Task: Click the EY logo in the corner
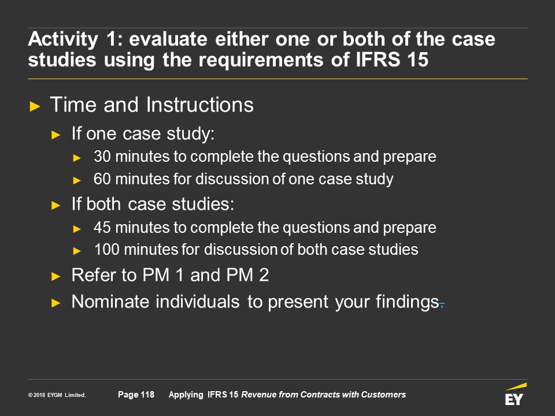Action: [515, 395]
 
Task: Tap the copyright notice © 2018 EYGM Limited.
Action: [57, 395]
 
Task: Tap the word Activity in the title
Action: [63, 40]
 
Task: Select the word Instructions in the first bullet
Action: [199, 105]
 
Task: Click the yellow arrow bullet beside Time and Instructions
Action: [35, 106]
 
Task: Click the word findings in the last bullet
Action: [408, 302]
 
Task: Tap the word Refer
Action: [92, 275]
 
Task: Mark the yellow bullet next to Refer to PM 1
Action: [56, 276]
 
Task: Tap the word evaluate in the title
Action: [168, 39]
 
